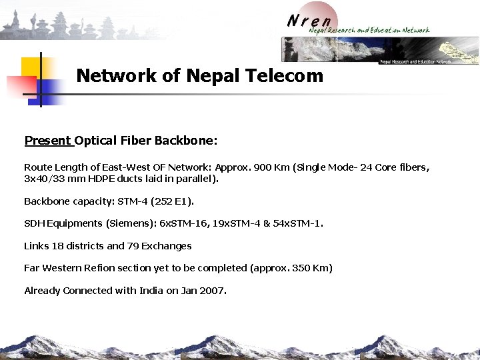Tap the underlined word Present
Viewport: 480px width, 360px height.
coord(47,141)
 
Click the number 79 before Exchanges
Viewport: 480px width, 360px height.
coord(132,246)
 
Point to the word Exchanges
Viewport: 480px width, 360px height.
coord(167,246)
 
